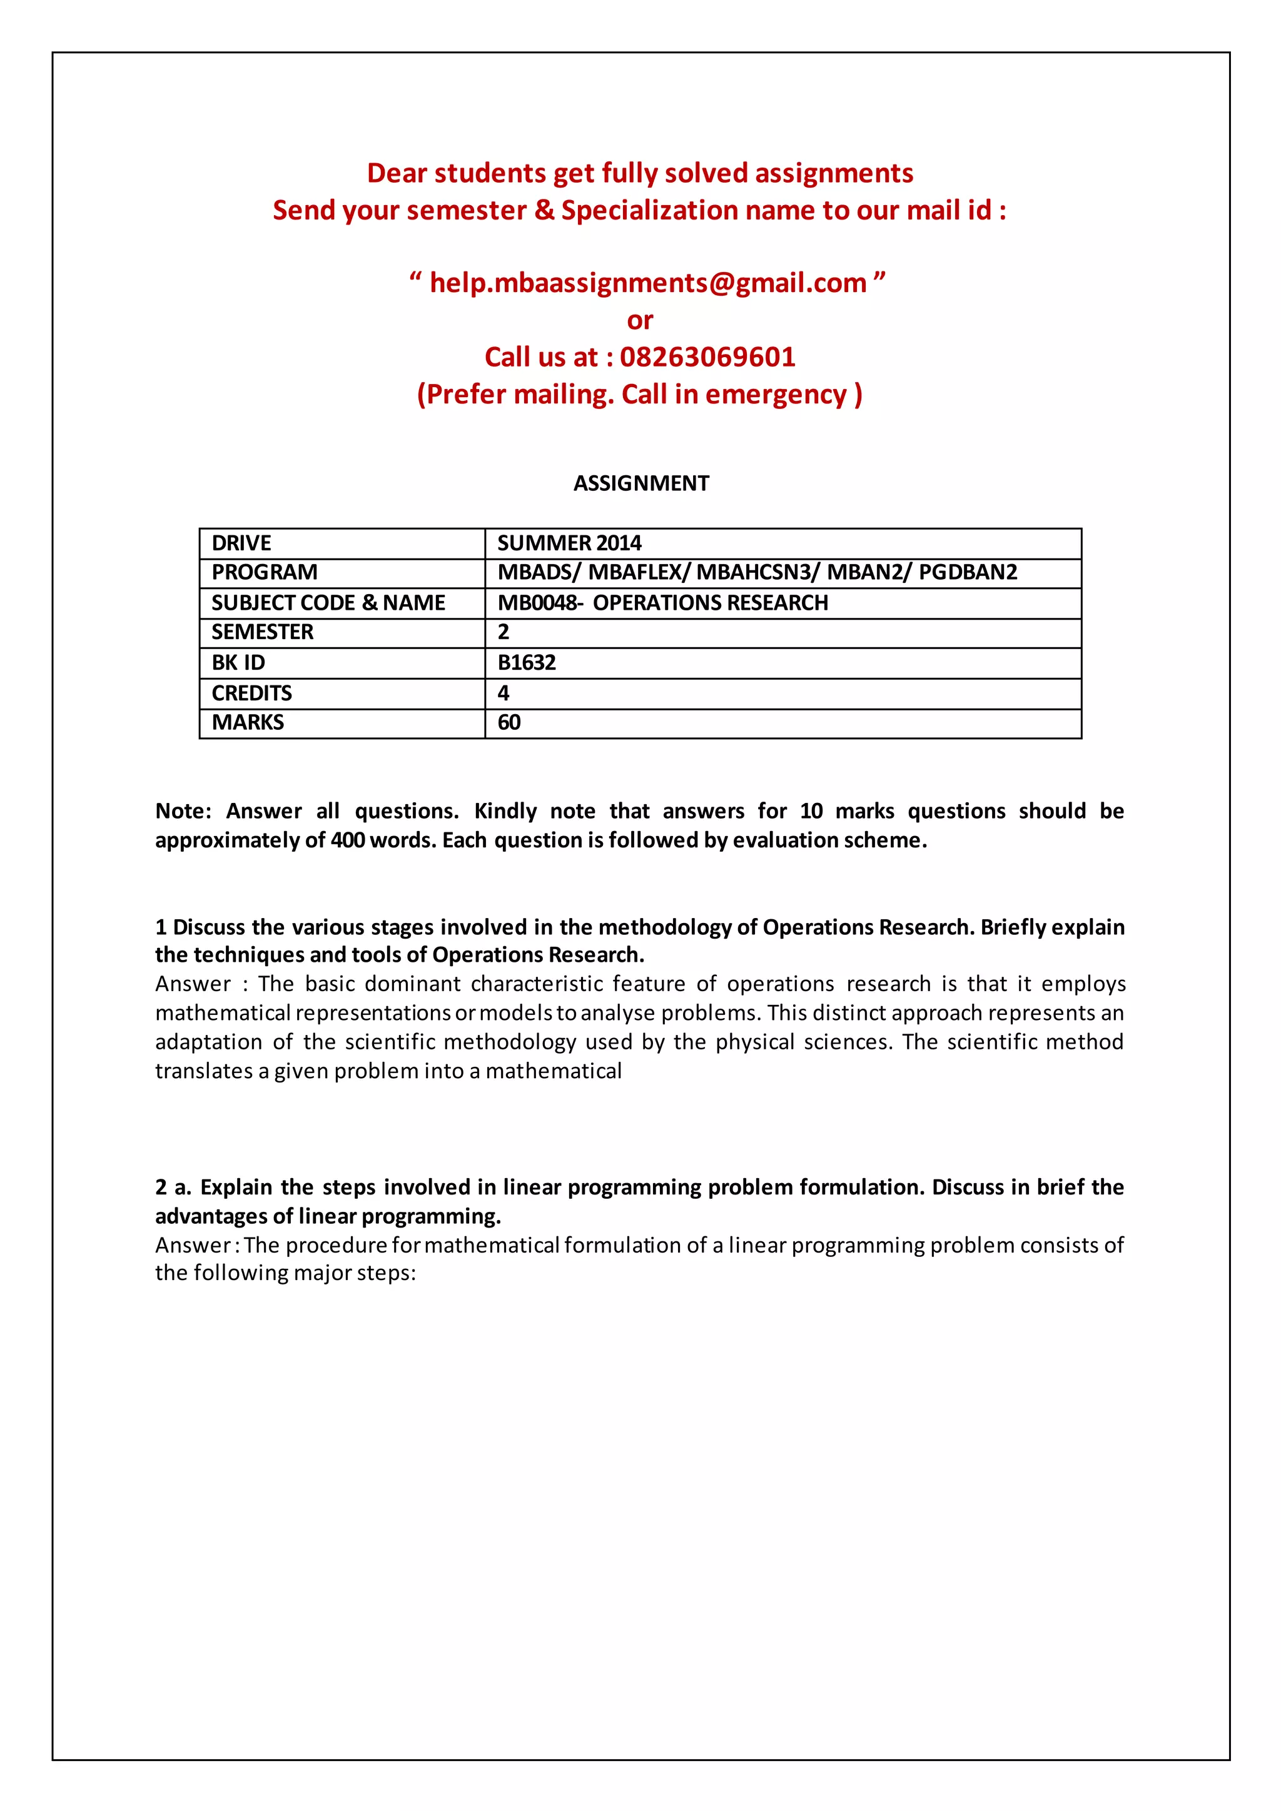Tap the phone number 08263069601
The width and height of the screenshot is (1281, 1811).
pyautogui.click(x=707, y=357)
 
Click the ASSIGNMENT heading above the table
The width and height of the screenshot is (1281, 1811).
pyautogui.click(x=640, y=483)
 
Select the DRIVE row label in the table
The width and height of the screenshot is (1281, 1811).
pyautogui.click(x=241, y=543)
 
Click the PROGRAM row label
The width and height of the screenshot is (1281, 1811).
pyautogui.click(x=264, y=573)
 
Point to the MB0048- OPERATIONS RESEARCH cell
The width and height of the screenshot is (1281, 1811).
pyautogui.click(x=662, y=603)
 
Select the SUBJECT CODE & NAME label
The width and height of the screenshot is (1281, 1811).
pyautogui.click(x=328, y=603)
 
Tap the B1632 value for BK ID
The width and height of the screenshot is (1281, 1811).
pyautogui.click(x=526, y=663)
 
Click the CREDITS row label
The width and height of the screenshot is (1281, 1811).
pyautogui.click(x=251, y=694)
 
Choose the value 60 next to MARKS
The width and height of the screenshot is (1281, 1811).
pyautogui.click(x=509, y=722)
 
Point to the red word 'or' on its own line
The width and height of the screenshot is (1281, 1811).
pyautogui.click(x=640, y=321)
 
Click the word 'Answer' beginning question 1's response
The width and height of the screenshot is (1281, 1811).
pyautogui.click(x=193, y=984)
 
